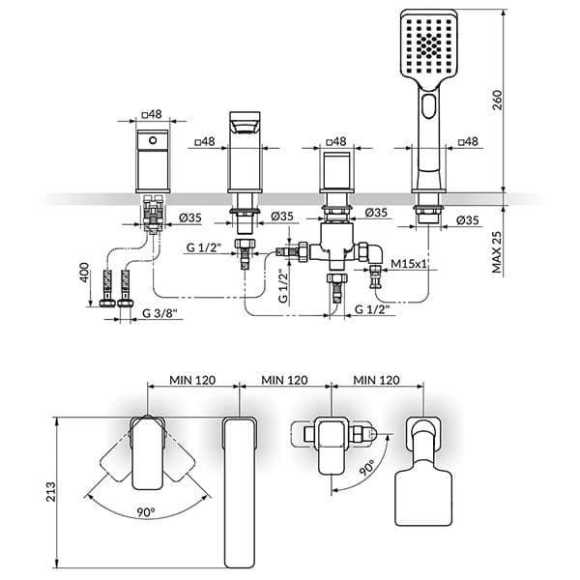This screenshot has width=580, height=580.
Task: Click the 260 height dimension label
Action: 498,100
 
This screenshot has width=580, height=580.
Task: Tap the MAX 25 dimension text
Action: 497,252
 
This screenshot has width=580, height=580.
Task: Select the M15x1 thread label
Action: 409,264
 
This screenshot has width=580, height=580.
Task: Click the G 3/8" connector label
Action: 159,313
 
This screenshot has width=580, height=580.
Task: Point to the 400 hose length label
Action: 84,273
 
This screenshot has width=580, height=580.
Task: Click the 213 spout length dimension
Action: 50,492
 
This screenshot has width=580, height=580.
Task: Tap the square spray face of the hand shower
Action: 429,47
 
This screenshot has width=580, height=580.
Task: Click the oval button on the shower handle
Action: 429,106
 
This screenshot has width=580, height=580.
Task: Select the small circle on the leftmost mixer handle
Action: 153,140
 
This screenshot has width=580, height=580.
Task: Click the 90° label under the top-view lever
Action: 146,512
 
